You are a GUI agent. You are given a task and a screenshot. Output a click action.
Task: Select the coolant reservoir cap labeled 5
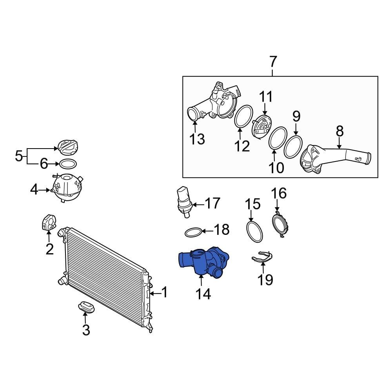coord(68,148)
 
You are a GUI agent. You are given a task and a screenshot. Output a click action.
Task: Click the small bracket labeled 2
coord(49,222)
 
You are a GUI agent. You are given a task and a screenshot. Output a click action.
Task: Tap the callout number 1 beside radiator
coord(164,292)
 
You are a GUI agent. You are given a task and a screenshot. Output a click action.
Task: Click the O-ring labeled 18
coord(194,232)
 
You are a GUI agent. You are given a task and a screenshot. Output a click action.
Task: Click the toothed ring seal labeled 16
coord(279,225)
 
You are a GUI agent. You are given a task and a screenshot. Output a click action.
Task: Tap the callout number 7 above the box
coord(273,62)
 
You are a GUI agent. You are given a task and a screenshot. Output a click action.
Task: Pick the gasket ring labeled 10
coord(277,138)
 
